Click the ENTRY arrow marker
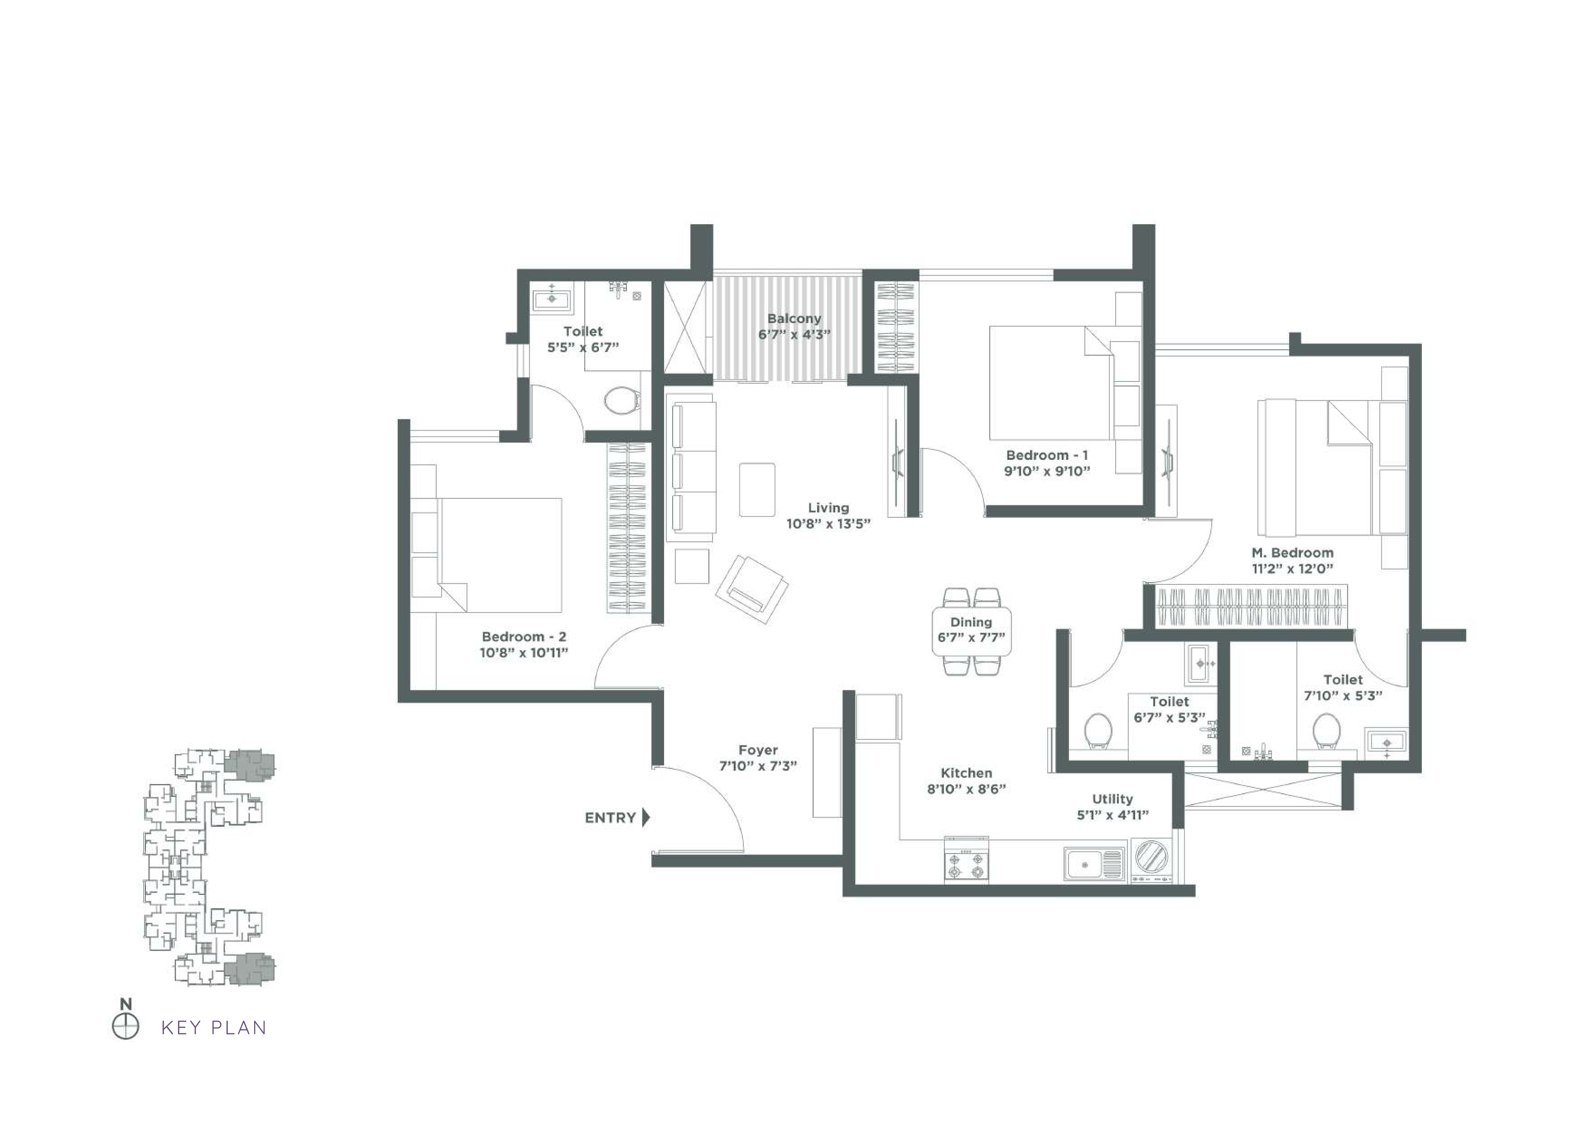point(646,817)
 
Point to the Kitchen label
point(966,773)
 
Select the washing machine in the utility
point(1151,861)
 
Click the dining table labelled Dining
point(971,631)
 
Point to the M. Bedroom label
point(1292,553)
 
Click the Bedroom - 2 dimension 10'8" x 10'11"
point(524,653)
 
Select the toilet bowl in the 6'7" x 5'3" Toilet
point(1098,731)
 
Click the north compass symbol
point(125,1027)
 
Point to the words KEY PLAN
point(214,1028)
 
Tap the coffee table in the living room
point(756,490)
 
